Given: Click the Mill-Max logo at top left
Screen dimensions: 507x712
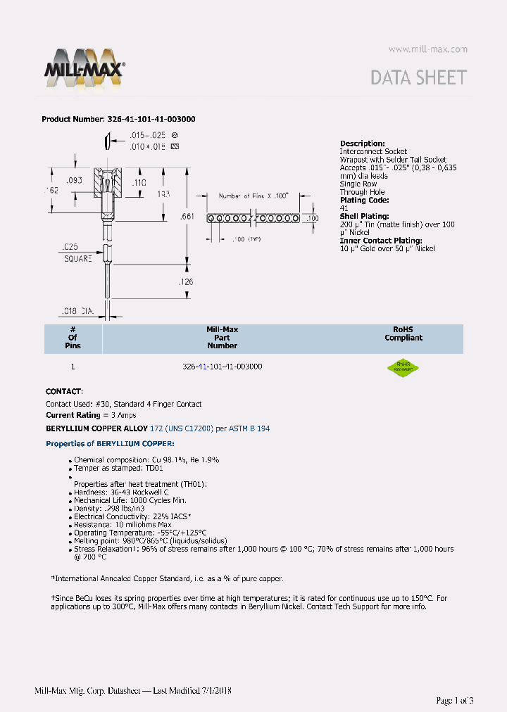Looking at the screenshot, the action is point(85,68).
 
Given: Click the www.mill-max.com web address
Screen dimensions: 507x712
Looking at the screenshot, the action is point(427,49).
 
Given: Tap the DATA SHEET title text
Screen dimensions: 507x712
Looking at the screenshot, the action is point(419,77).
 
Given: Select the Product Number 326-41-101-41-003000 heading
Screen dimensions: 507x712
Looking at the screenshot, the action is point(118,120).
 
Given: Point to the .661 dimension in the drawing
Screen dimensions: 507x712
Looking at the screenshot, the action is point(187,217).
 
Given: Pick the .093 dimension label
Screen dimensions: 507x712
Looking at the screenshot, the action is point(75,181).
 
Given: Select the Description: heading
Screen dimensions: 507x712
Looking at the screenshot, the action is point(362,144).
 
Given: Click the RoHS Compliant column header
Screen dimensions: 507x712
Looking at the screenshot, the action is point(403,333).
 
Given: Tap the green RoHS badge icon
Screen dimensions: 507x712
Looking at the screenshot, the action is point(403,367).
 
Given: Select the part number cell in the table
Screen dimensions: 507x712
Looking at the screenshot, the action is point(222,367).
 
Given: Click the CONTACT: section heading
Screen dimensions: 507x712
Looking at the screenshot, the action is point(64,391).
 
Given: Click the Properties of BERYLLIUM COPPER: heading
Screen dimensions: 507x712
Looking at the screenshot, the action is point(110,444).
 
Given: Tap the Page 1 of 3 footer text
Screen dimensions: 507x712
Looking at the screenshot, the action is point(454,700).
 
